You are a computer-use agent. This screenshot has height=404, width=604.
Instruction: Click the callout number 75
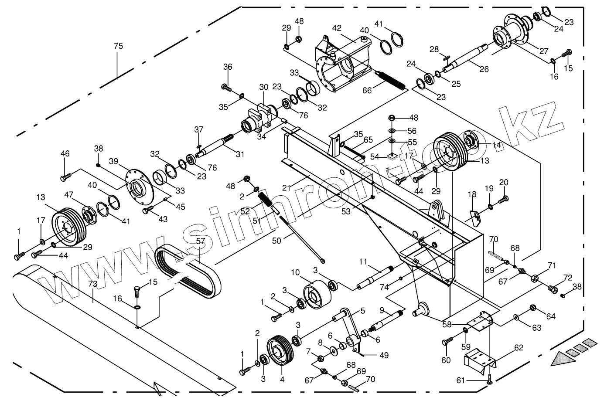(118, 46)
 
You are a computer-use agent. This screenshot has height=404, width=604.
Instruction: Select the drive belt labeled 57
(188, 269)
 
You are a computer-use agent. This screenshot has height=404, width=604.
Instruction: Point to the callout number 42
(336, 28)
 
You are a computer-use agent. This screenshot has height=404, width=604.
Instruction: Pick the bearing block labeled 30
(259, 117)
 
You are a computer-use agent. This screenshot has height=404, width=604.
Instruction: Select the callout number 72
(567, 277)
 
